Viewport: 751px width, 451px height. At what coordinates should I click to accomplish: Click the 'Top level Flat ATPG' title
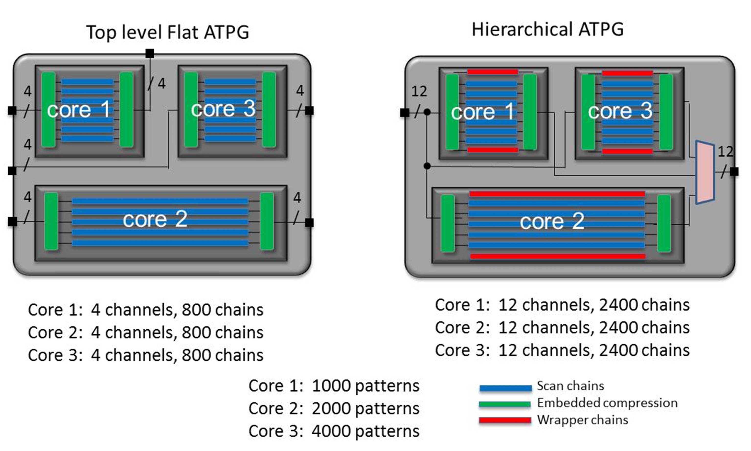point(167,32)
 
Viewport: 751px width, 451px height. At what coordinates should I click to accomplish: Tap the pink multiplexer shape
point(705,172)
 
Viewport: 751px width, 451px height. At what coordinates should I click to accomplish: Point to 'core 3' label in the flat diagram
point(223,109)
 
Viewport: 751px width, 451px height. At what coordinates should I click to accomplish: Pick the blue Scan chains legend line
point(506,388)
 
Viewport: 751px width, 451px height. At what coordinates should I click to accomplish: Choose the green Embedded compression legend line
point(505,404)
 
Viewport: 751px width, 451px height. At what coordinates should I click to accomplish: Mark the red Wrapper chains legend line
point(505,420)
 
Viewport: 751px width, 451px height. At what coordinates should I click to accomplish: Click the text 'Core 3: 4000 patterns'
point(334,431)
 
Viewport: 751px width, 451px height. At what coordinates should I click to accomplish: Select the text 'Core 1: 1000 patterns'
point(334,386)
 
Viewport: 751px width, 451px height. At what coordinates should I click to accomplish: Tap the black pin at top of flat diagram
point(149,54)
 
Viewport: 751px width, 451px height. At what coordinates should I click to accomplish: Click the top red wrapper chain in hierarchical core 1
point(492,72)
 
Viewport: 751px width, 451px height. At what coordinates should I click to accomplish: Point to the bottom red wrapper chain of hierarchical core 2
point(558,256)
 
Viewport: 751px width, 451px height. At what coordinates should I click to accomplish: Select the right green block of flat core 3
point(269,109)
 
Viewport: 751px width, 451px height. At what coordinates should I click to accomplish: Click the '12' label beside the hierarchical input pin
point(419,91)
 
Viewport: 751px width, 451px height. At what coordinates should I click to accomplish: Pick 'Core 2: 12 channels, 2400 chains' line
point(562,328)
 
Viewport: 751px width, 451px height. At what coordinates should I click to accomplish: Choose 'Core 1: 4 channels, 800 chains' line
point(146,310)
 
